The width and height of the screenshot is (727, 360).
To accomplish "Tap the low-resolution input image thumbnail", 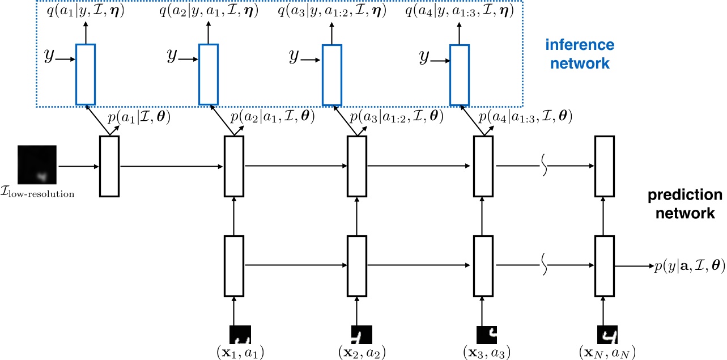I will [37, 165].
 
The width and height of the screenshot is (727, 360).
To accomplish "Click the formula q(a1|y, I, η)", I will [86, 10].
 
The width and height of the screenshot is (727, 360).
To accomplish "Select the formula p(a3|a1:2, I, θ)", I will [396, 117].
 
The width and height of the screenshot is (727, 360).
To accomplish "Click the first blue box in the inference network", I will [86, 74].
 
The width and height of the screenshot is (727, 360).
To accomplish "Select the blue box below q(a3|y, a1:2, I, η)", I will [332, 74].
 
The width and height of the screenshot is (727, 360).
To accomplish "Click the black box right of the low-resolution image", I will [109, 166].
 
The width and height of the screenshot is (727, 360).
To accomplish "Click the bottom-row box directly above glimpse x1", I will [234, 264].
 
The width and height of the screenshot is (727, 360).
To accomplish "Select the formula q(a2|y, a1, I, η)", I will [209, 10].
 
